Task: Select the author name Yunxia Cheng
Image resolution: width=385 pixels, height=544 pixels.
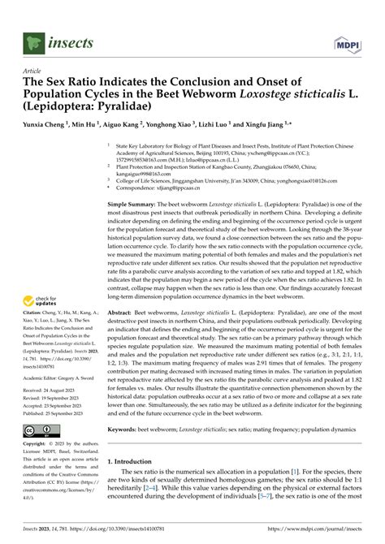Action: [x=40, y=127]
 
